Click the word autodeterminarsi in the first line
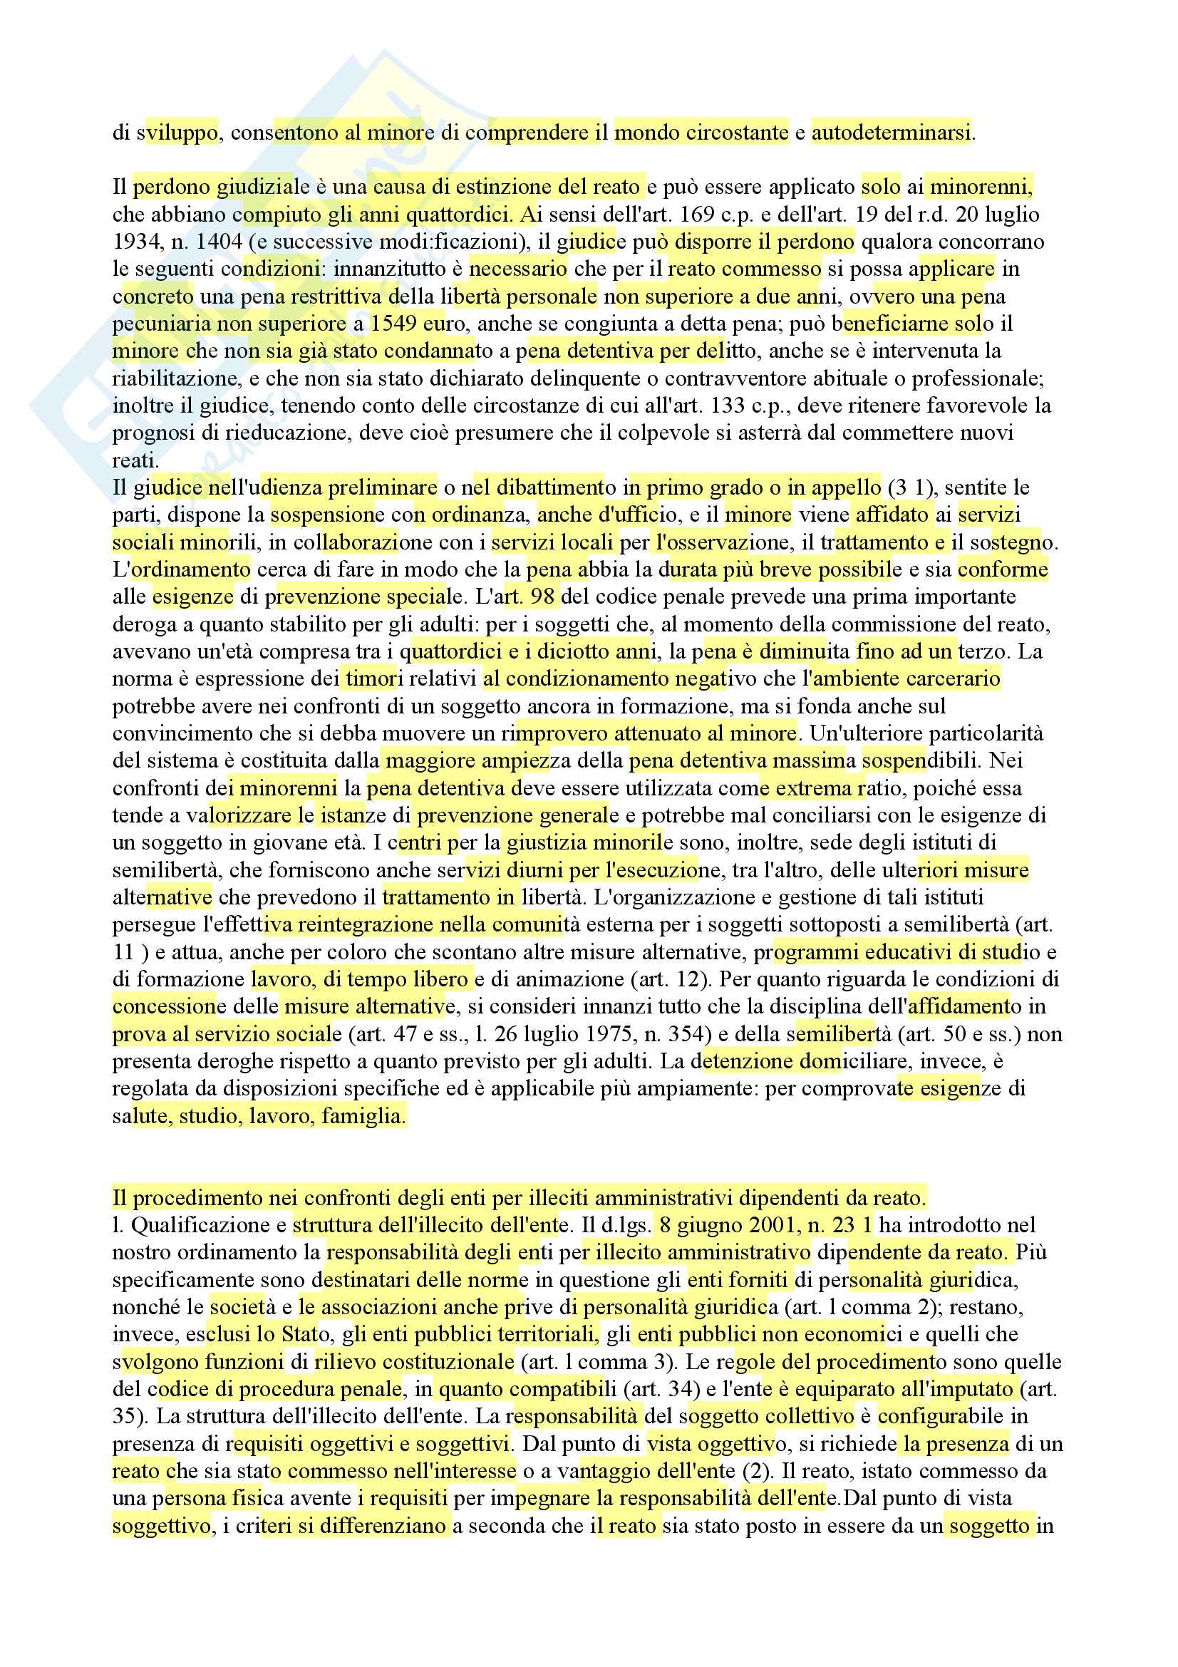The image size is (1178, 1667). [891, 133]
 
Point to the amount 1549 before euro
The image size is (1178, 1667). [393, 324]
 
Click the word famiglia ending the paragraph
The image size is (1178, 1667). [363, 1116]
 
